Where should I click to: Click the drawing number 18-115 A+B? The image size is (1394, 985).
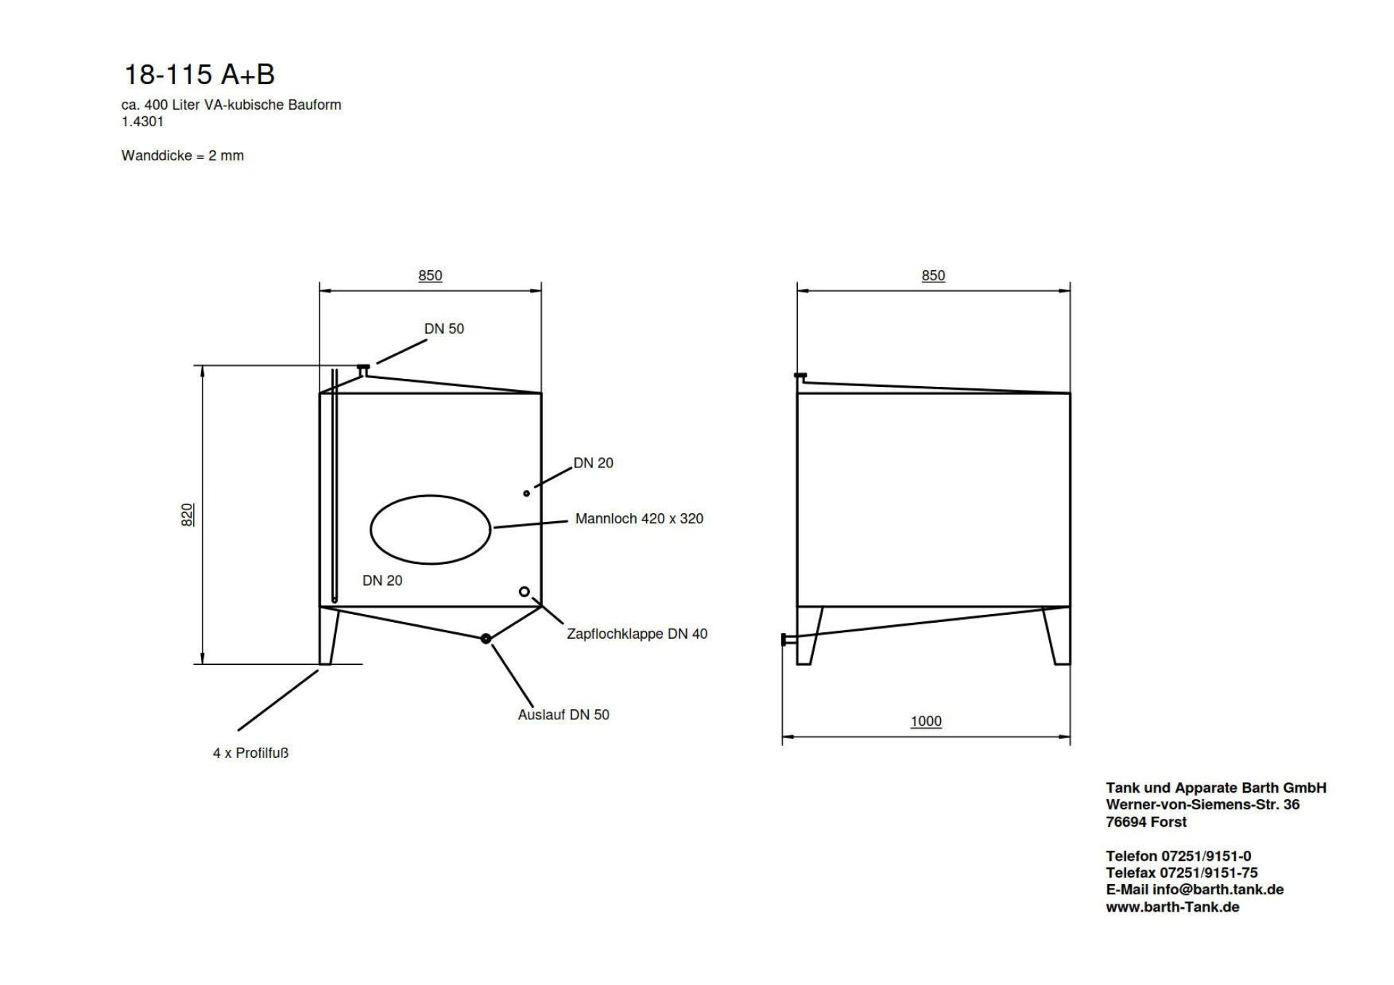pyautogui.click(x=200, y=75)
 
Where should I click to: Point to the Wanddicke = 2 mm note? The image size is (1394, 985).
pyautogui.click(x=183, y=155)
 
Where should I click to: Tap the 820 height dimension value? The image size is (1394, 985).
pyautogui.click(x=187, y=515)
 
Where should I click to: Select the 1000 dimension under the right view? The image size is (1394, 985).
pyautogui.click(x=926, y=721)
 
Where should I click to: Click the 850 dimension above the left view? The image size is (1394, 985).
pyautogui.click(x=430, y=275)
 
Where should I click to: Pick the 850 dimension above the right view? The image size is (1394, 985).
pyautogui.click(x=933, y=275)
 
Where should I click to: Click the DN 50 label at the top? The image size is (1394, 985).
pyautogui.click(x=444, y=329)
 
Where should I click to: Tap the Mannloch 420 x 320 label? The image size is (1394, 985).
pyautogui.click(x=639, y=518)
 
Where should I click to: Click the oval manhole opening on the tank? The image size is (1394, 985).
pyautogui.click(x=431, y=529)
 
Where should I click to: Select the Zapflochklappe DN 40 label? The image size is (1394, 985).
pyautogui.click(x=637, y=634)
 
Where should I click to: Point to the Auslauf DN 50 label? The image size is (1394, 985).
pyautogui.click(x=563, y=714)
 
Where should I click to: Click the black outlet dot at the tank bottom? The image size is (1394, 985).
pyautogui.click(x=486, y=639)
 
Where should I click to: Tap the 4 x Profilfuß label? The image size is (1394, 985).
pyautogui.click(x=250, y=753)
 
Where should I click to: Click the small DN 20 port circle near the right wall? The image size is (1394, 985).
pyautogui.click(x=526, y=494)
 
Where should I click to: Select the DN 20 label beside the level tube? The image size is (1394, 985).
pyautogui.click(x=382, y=580)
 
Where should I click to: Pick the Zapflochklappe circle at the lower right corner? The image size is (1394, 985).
pyautogui.click(x=524, y=592)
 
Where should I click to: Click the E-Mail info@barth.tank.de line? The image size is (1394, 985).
pyautogui.click(x=1194, y=889)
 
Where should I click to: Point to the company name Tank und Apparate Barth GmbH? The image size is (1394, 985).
pyautogui.click(x=1216, y=788)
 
